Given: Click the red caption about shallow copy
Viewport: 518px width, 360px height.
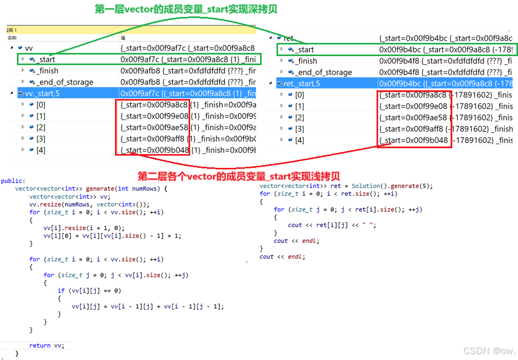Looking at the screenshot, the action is coord(238,176).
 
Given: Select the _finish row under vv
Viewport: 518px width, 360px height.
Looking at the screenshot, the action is coord(48,71).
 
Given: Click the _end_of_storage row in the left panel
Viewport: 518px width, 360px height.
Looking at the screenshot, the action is coord(65,82).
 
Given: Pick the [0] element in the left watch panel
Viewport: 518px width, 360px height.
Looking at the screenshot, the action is coord(41,105).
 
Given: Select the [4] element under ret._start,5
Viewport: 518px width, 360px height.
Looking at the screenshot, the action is coord(300,140).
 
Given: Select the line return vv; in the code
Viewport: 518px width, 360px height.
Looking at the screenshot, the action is coord(47,345).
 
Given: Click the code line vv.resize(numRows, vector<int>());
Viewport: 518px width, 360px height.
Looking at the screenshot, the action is coord(89,204).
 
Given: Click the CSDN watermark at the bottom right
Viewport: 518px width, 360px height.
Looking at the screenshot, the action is coord(489,351).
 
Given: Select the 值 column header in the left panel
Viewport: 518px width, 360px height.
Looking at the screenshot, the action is coord(123,38).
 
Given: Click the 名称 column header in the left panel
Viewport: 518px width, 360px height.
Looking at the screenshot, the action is coord(12,38).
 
